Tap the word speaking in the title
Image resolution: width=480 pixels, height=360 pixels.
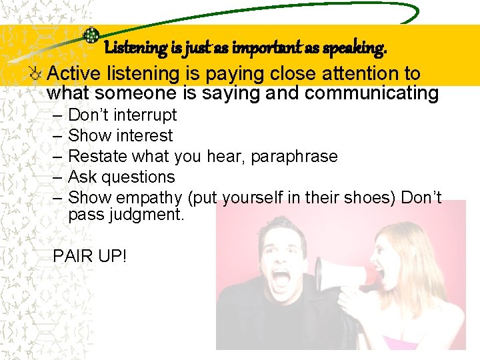pos(357,48)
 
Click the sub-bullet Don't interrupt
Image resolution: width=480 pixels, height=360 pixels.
pos(122,115)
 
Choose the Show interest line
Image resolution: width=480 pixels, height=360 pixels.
pos(120,135)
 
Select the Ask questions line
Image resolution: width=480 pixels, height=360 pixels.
pos(121,177)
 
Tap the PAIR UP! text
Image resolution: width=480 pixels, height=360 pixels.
pos(90,255)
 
